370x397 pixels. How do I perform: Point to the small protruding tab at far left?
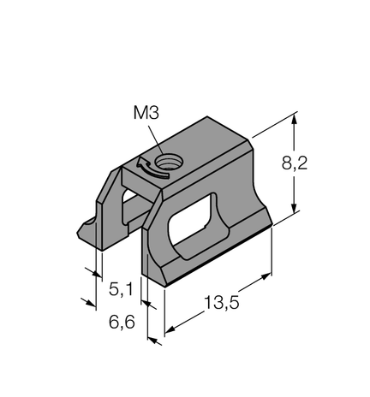(87, 229)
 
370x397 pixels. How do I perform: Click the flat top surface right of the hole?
(206, 154)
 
